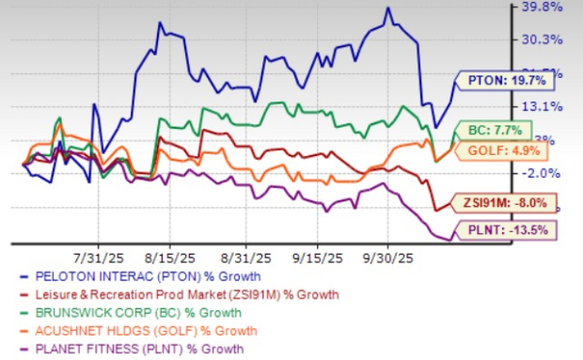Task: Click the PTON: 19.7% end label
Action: pos(498,80)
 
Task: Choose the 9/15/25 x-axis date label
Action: pos(317,256)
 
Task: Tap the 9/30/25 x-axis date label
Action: pos(387,256)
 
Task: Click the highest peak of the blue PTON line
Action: pos(387,8)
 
